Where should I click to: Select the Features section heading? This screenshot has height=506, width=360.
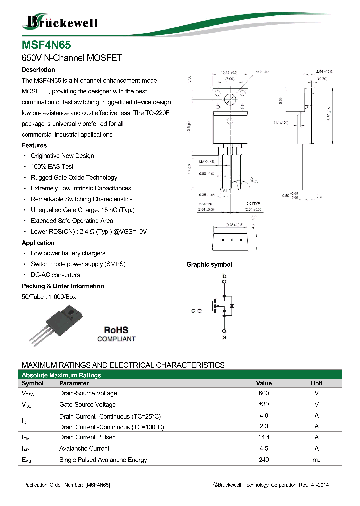click(x=34, y=145)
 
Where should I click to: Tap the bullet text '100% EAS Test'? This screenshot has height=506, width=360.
click(x=52, y=167)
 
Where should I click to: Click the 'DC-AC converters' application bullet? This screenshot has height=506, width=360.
click(x=55, y=275)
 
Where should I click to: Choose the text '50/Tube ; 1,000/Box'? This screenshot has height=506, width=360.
click(x=49, y=297)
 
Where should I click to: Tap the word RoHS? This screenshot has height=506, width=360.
click(x=116, y=330)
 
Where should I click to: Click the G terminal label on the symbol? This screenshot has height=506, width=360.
click(x=193, y=311)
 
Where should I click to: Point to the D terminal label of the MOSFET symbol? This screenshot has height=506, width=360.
click(x=225, y=276)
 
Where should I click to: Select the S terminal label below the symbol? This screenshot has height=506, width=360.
click(x=225, y=338)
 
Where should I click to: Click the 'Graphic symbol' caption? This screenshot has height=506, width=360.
click(x=209, y=264)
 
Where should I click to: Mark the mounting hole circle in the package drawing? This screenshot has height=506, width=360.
click(x=230, y=99)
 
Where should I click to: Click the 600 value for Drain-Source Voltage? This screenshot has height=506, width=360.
click(x=264, y=393)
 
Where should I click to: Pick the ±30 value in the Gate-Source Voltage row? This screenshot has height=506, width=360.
click(x=264, y=405)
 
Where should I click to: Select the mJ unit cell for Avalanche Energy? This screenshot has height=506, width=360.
click(x=316, y=460)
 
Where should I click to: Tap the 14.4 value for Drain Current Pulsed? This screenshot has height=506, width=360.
click(x=264, y=437)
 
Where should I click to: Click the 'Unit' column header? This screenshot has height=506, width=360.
click(x=316, y=383)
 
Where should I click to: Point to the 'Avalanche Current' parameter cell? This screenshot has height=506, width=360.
click(x=84, y=449)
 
